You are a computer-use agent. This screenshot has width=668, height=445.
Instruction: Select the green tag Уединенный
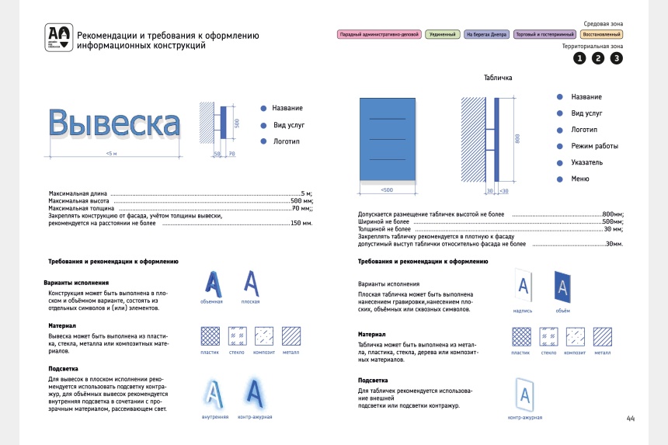[x=443, y=35]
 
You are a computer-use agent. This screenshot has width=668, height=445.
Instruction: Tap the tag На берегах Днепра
[x=486, y=35]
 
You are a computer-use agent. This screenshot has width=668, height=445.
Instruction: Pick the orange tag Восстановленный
[x=601, y=35]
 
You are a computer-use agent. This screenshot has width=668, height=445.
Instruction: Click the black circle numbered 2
[x=598, y=58]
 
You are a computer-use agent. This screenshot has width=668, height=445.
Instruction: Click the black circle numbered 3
[x=617, y=58]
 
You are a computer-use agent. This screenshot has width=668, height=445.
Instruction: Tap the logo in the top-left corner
[x=59, y=37]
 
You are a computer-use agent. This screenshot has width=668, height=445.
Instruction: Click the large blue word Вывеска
[x=114, y=124]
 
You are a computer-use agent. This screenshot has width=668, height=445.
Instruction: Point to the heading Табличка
[x=498, y=78]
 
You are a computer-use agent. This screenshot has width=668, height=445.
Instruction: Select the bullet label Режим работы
[x=594, y=146]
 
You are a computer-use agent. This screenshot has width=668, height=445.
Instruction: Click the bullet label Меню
[x=580, y=179]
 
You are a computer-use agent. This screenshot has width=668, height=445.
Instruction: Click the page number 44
[x=631, y=419]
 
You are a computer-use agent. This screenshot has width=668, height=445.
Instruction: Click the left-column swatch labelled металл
[x=291, y=335]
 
